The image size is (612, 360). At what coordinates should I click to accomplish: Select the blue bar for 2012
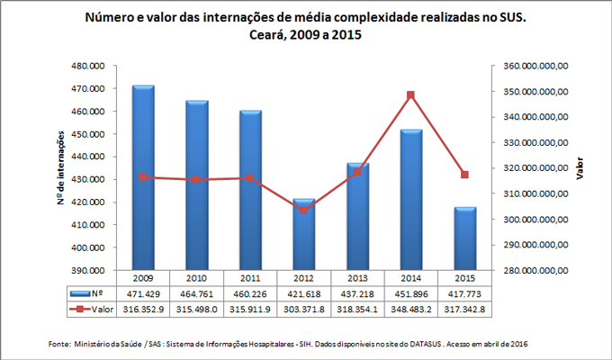click(x=304, y=234)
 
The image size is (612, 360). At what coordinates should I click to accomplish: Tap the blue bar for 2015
click(x=464, y=238)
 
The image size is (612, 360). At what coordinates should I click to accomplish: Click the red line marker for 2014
click(x=410, y=94)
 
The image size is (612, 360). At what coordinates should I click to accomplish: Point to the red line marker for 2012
click(x=304, y=210)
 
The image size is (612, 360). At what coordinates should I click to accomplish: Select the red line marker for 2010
click(x=197, y=180)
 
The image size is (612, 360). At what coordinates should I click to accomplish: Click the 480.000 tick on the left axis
click(x=94, y=67)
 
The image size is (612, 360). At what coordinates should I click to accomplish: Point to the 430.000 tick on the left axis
click(x=94, y=179)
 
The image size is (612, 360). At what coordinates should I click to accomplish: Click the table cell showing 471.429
click(x=143, y=293)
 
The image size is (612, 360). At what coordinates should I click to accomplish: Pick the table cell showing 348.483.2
click(x=410, y=309)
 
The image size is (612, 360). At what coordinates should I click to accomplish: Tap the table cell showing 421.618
click(x=304, y=293)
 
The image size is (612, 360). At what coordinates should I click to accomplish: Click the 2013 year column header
click(x=357, y=278)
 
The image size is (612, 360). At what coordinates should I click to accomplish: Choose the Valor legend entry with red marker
click(x=90, y=309)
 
